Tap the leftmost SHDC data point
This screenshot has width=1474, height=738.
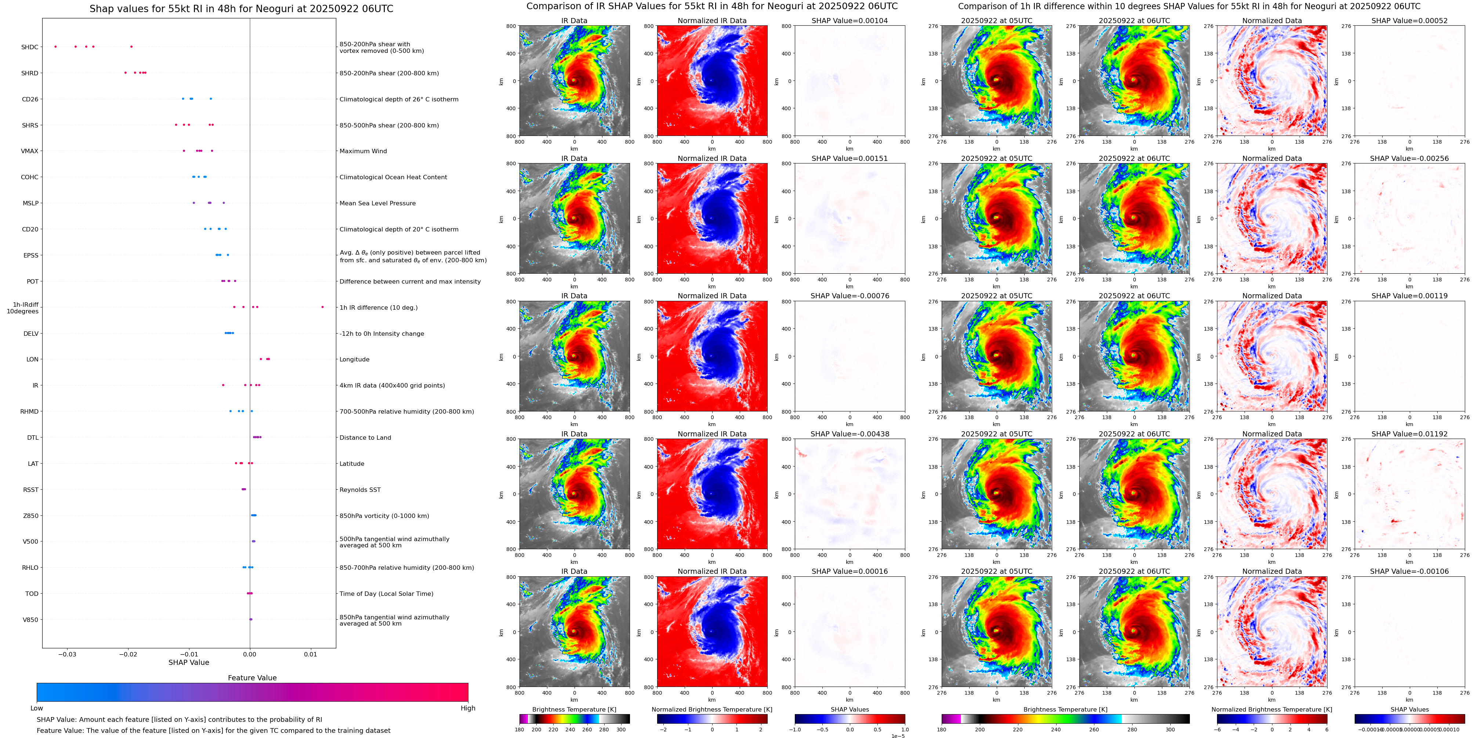[55, 46]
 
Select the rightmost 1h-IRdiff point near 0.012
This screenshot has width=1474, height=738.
[323, 307]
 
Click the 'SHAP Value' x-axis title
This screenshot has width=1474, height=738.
[189, 662]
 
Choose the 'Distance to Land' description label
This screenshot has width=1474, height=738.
[365, 438]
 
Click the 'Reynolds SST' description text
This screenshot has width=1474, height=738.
[360, 490]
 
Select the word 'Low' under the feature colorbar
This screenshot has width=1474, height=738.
[37, 708]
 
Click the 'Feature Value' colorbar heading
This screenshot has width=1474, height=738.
[252, 678]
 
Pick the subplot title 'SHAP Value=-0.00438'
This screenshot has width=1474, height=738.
[850, 434]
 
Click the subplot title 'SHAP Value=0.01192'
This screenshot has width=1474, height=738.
[1409, 434]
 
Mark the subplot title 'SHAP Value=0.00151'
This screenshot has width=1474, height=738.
[850, 159]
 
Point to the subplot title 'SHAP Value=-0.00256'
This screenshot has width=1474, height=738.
[1409, 159]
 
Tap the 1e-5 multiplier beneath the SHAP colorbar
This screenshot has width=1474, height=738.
[897, 736]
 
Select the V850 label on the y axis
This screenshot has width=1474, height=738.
[30, 619]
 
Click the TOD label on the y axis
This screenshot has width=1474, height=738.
[32, 594]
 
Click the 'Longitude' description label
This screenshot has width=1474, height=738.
[354, 360]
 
